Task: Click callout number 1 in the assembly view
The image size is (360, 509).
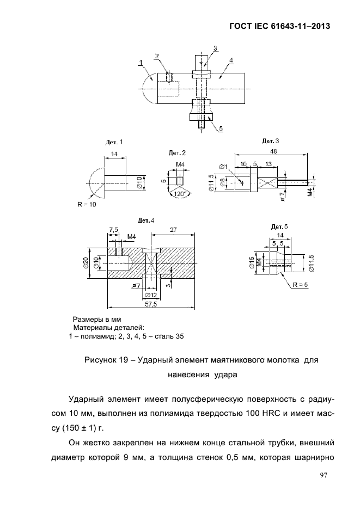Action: pyautogui.click(x=141, y=62)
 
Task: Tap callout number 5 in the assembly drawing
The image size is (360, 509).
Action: pyautogui.click(x=221, y=128)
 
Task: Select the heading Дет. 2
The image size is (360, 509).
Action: pyautogui.click(x=177, y=152)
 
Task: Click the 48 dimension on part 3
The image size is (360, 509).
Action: pyautogui.click(x=273, y=151)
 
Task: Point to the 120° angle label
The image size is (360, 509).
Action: pyautogui.click(x=180, y=194)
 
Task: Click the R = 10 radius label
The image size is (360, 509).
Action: pyautogui.click(x=87, y=205)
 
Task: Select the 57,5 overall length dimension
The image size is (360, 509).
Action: pyautogui.click(x=151, y=304)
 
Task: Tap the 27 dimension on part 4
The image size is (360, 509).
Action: pyautogui.click(x=173, y=230)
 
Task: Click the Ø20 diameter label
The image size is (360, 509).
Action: pyautogui.click(x=86, y=263)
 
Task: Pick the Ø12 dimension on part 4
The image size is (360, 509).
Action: pyautogui.click(x=151, y=295)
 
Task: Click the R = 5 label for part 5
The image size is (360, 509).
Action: pyautogui.click(x=300, y=285)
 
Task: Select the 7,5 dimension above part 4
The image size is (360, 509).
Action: pyautogui.click(x=114, y=230)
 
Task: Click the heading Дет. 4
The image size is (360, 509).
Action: pyautogui.click(x=146, y=220)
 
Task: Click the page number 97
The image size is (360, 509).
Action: pyautogui.click(x=324, y=475)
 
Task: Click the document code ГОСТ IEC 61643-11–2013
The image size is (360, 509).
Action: pyautogui.click(x=280, y=26)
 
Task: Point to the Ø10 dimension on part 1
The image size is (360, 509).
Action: pyautogui.click(x=140, y=183)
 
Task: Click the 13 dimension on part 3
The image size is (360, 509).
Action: pyautogui.click(x=268, y=164)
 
